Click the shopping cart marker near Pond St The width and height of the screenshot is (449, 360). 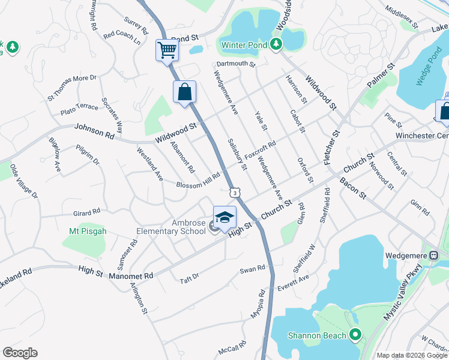pyautogui.click(x=167, y=49)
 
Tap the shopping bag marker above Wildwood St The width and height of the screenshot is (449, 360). pyautogui.click(x=184, y=92)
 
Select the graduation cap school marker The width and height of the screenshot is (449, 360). pyautogui.click(x=224, y=217)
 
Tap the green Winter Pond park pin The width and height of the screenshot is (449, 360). pyautogui.click(x=276, y=44)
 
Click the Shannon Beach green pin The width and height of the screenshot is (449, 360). pyautogui.click(x=355, y=335)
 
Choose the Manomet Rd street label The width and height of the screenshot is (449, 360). pyautogui.click(x=131, y=276)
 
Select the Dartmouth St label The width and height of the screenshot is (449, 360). pyautogui.click(x=237, y=63)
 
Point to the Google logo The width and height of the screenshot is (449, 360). pyautogui.click(x=20, y=353)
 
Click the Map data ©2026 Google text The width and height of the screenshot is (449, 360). pyautogui.click(x=411, y=355)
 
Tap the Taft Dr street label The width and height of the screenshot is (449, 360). pyautogui.click(x=189, y=278)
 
